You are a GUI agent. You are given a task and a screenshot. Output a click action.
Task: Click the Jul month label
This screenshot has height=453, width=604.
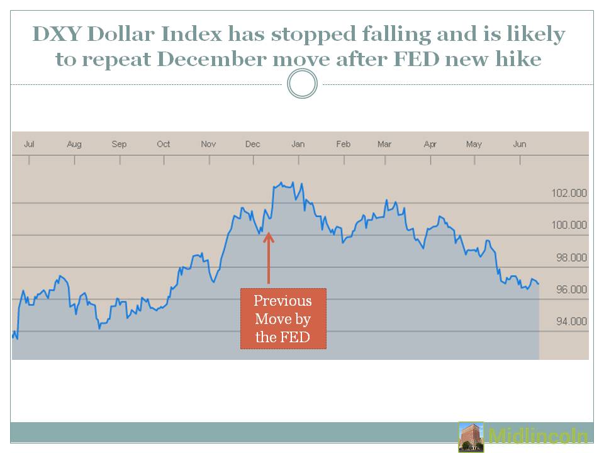pos(29,144)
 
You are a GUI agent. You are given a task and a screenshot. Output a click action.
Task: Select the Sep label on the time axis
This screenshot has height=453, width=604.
pos(119,144)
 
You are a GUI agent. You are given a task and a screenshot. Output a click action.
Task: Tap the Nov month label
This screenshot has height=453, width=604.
pos(208,144)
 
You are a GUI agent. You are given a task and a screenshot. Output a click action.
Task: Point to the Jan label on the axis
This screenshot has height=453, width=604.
pos(298,144)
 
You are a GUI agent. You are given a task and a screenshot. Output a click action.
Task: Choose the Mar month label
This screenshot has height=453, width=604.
pos(384,144)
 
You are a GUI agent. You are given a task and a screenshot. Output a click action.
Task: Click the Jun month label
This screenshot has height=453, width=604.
pos(520,144)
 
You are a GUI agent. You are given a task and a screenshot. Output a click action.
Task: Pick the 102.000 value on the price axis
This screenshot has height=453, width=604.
pos(569,193)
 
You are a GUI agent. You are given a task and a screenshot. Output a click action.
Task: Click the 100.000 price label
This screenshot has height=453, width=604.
pos(569,225)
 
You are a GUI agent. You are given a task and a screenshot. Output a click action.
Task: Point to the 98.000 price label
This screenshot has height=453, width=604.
pos(569,257)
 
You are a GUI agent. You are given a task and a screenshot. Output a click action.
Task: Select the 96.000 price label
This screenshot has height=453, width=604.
pos(569,289)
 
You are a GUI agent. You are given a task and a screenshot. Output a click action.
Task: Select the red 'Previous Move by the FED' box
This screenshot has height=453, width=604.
pos(283,318)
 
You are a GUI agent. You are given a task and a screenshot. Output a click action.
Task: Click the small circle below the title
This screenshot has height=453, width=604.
pos(302,84)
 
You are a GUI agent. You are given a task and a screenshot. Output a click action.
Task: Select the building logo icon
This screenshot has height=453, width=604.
pos(471,437)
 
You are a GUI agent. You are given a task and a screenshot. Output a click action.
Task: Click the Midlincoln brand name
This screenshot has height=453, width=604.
pos(538,437)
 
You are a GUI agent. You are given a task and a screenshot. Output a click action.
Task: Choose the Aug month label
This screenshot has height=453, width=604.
pos(74,144)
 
